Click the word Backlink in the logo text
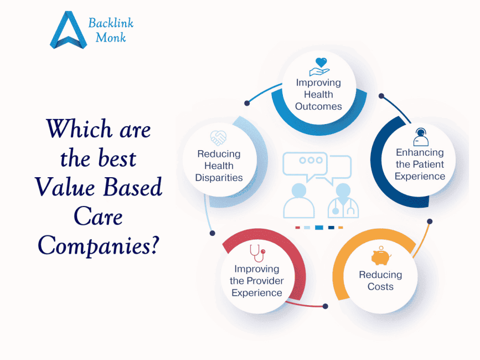pos(111,23)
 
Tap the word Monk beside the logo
pos(111,38)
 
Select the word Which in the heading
pos(70,130)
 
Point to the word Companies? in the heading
pos(98,245)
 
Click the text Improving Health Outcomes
pos(318,94)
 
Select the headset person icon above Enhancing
pos(420,136)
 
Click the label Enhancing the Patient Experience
pos(420,164)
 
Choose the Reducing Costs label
pos(380,281)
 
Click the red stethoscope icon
pos(257,253)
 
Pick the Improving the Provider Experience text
pos(256,281)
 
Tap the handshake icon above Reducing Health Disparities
pos(219,138)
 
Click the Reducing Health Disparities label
pos(219,166)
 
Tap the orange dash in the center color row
pos(340,228)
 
